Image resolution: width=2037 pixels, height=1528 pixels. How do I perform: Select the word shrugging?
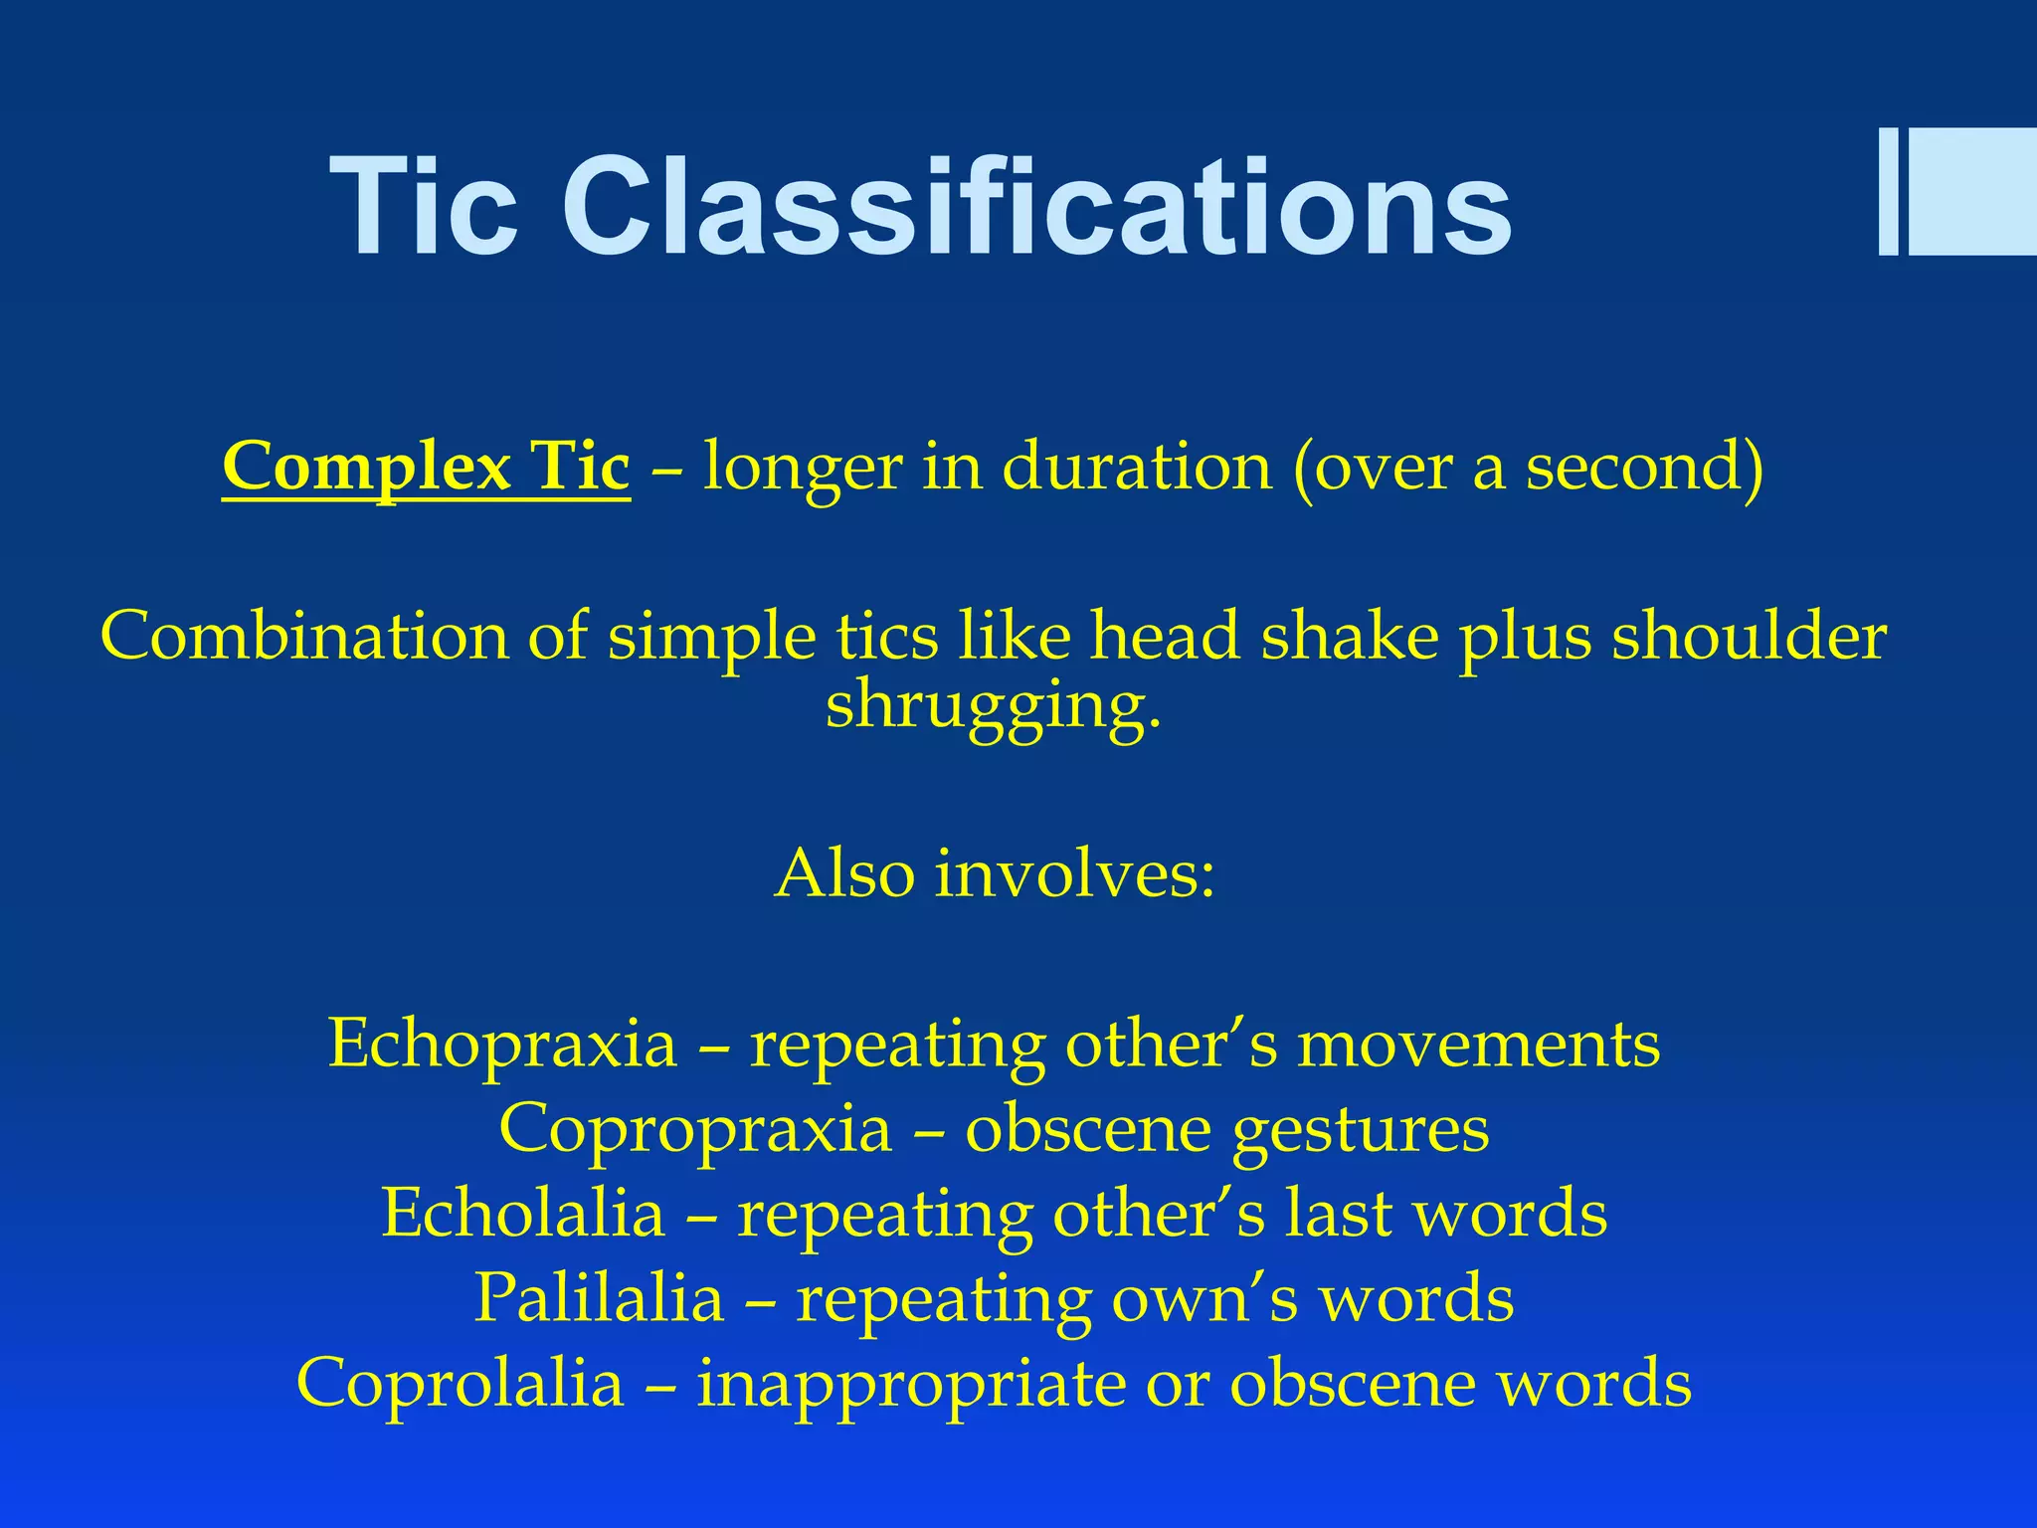tap(993, 706)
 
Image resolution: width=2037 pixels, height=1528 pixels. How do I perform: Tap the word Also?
tap(844, 874)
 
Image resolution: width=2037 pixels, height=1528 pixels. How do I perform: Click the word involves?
tap(1074, 874)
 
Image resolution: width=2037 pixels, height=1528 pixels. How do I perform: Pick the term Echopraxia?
tap(502, 1044)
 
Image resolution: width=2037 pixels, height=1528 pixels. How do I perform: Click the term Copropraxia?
tap(695, 1128)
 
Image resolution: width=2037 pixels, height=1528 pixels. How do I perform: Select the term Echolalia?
tap(523, 1213)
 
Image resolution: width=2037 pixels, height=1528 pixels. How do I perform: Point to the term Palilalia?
tap(599, 1297)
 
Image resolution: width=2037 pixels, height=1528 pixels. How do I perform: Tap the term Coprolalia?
tap(461, 1382)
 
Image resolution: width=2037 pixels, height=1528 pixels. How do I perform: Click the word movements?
tap(1478, 1044)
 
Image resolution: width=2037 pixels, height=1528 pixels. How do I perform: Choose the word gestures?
tap(1361, 1130)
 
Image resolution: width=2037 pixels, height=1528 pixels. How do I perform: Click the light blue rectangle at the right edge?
tap(1971, 192)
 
